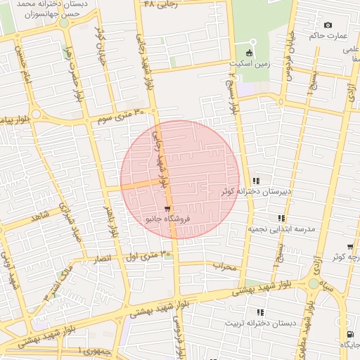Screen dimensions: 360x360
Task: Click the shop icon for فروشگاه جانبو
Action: click(x=166, y=209)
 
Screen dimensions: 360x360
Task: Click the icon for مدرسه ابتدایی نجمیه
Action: click(x=281, y=219)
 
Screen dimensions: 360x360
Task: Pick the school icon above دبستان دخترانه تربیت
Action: click(x=260, y=312)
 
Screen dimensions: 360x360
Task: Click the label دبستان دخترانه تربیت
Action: click(x=261, y=323)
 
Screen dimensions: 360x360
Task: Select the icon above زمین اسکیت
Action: click(x=248, y=53)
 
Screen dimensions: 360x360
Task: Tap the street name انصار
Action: click(x=103, y=259)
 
